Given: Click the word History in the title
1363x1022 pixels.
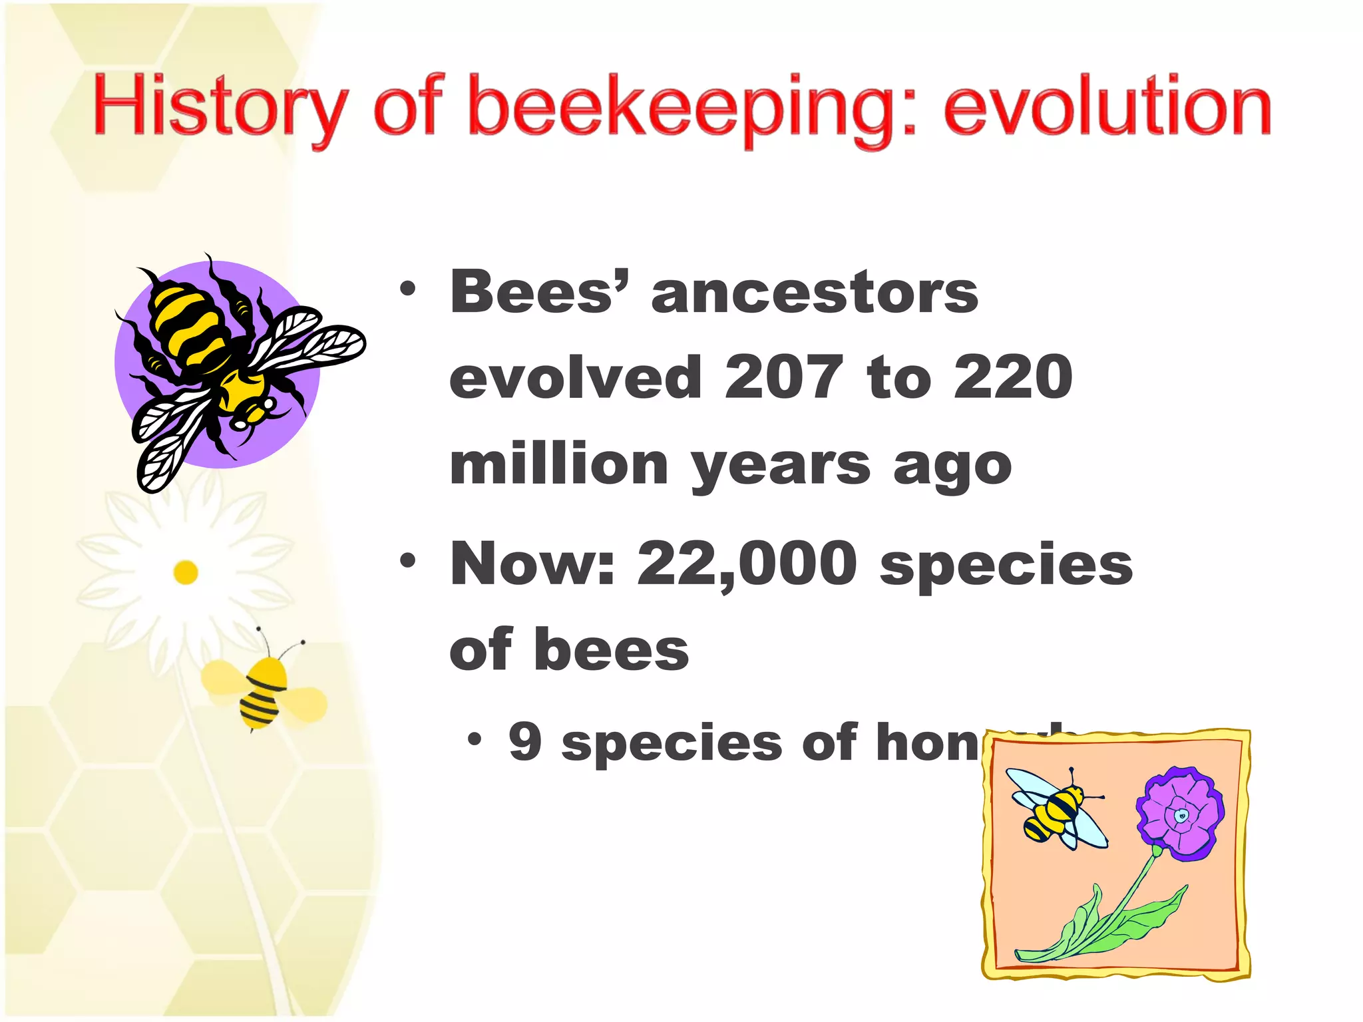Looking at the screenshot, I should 220,106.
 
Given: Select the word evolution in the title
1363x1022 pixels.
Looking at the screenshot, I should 1107,106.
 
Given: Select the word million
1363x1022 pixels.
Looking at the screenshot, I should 559,464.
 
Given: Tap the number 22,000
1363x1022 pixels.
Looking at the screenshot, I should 747,564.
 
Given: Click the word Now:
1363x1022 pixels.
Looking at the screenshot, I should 532,564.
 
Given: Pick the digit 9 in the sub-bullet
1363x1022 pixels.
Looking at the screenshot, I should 525,742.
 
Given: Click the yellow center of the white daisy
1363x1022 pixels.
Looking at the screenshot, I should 186,572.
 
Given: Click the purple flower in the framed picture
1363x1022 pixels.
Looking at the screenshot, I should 1179,815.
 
